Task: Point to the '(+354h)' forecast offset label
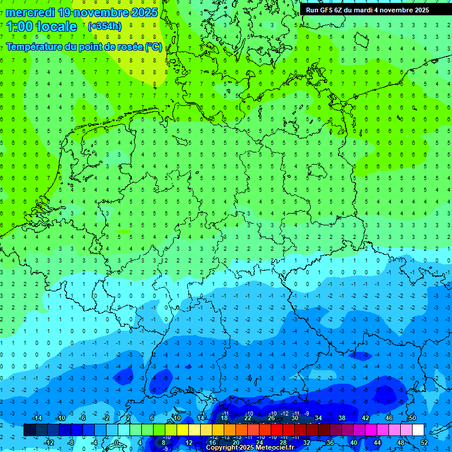coord(105,26)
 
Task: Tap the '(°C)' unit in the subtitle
coord(155,47)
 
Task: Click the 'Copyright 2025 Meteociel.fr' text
coord(250,448)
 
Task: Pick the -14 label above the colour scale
coord(36,418)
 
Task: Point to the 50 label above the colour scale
coord(412,418)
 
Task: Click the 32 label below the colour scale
coord(307,443)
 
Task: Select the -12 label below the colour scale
coord(49,443)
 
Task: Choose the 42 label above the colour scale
coord(365,418)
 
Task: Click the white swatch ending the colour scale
coord(418,430)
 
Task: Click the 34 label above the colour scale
coord(318,418)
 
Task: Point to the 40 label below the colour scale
coord(354,443)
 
